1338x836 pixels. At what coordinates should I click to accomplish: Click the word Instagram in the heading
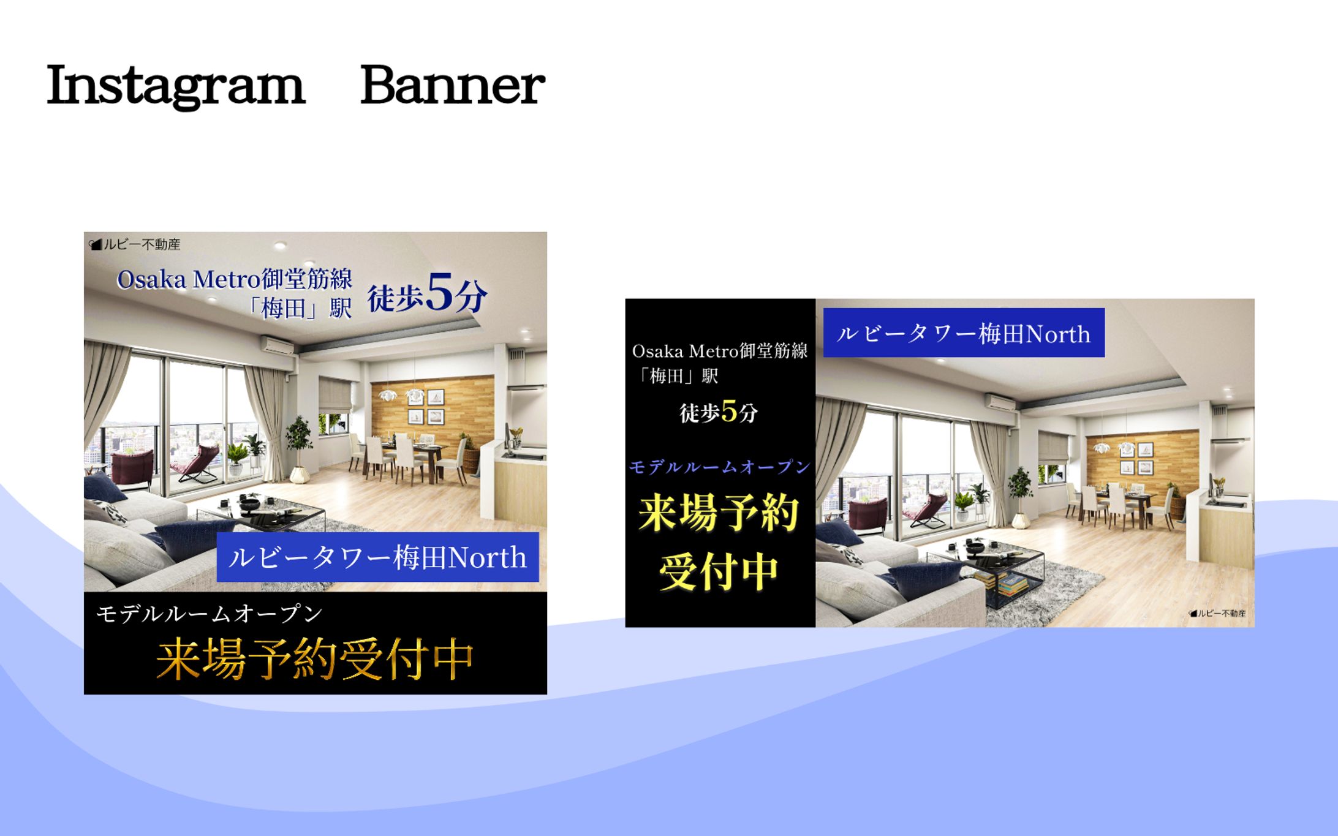[x=175, y=86]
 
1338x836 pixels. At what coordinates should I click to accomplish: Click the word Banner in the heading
[x=453, y=85]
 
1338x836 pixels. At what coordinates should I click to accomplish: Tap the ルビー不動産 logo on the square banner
[x=135, y=244]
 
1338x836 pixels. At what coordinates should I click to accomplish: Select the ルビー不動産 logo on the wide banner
[x=1217, y=613]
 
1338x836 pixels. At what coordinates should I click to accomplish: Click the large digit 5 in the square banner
[x=440, y=293]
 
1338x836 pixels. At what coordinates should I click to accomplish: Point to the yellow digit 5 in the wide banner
[x=729, y=411]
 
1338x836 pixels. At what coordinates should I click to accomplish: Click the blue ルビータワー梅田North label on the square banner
[x=378, y=557]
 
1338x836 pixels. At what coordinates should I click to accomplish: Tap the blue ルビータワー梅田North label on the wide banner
[x=964, y=333]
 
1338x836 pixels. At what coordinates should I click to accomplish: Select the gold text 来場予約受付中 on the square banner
[x=315, y=659]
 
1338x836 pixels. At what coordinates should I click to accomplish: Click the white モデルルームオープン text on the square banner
[x=210, y=614]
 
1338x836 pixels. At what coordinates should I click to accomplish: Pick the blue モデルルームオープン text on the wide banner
[x=720, y=467]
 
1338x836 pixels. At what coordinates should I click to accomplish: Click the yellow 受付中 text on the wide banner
[x=719, y=572]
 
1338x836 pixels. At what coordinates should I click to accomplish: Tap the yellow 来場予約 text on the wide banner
[x=719, y=513]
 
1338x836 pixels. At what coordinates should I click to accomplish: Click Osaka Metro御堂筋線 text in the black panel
[x=720, y=351]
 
